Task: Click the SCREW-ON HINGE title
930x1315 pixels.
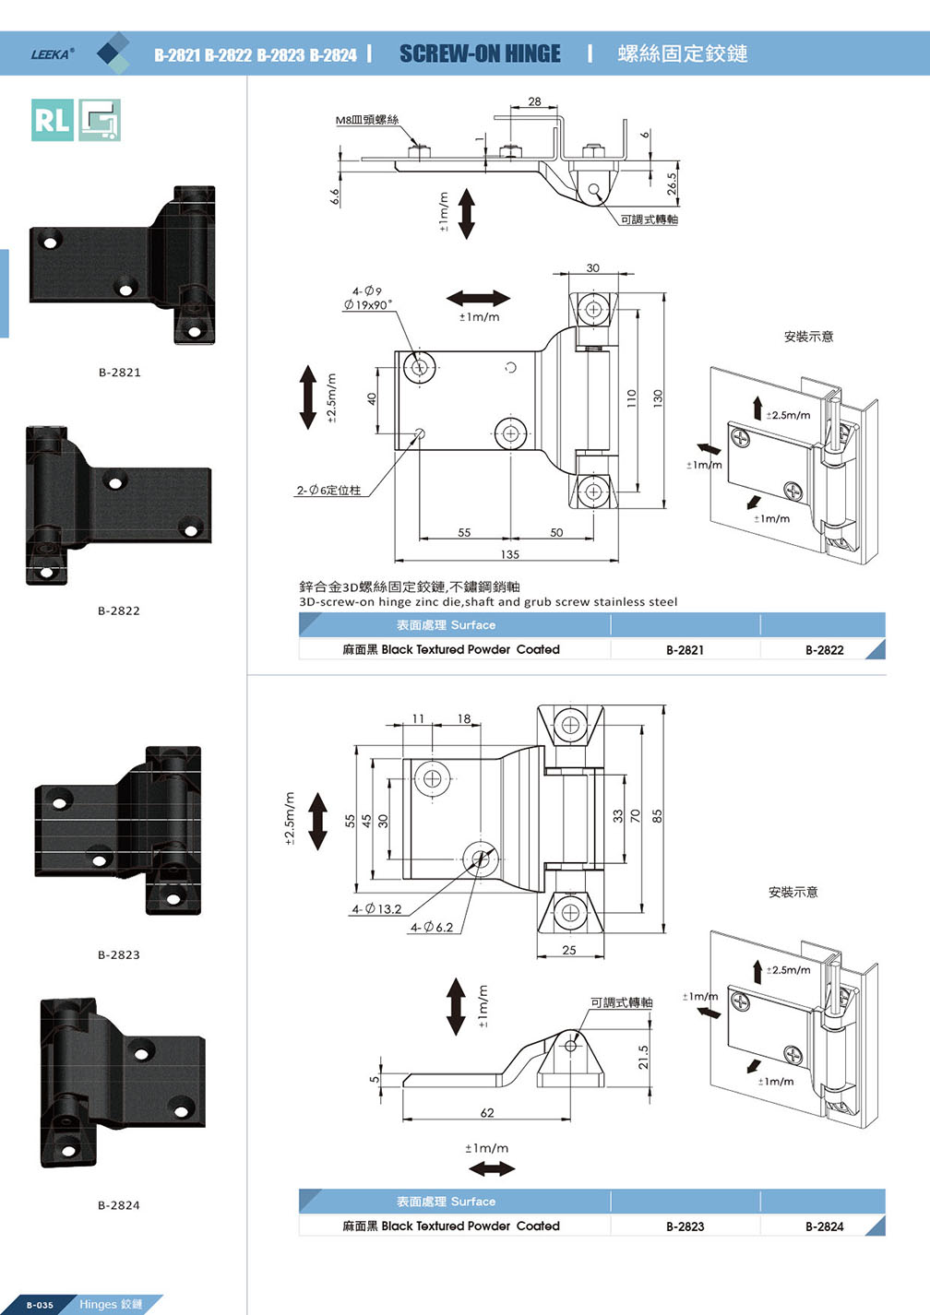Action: pos(480,54)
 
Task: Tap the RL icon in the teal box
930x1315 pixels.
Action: pos(52,120)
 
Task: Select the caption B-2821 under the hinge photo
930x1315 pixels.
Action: pos(120,373)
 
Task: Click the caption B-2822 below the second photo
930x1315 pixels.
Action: pos(119,610)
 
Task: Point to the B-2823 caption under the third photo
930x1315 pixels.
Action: pos(119,954)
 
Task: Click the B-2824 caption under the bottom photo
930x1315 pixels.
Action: pos(119,1205)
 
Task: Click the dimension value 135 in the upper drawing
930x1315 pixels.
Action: pos(510,554)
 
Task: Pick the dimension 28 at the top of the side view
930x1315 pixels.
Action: pos(535,101)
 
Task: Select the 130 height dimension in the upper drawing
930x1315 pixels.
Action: pos(658,398)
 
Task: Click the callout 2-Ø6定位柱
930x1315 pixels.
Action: pos(328,491)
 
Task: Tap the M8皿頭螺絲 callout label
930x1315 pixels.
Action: pos(366,120)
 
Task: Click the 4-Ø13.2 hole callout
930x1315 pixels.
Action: pos(376,909)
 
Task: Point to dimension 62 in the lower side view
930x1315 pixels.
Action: pos(487,1113)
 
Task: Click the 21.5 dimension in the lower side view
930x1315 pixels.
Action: pos(643,1057)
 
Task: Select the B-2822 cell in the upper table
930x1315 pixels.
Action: pos(824,650)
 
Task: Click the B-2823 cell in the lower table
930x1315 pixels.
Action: pos(685,1226)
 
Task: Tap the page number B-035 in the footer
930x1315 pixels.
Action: pos(40,1305)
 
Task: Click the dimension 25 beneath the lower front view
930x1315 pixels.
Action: pos(569,950)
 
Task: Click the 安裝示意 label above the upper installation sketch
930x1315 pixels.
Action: pos(808,337)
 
